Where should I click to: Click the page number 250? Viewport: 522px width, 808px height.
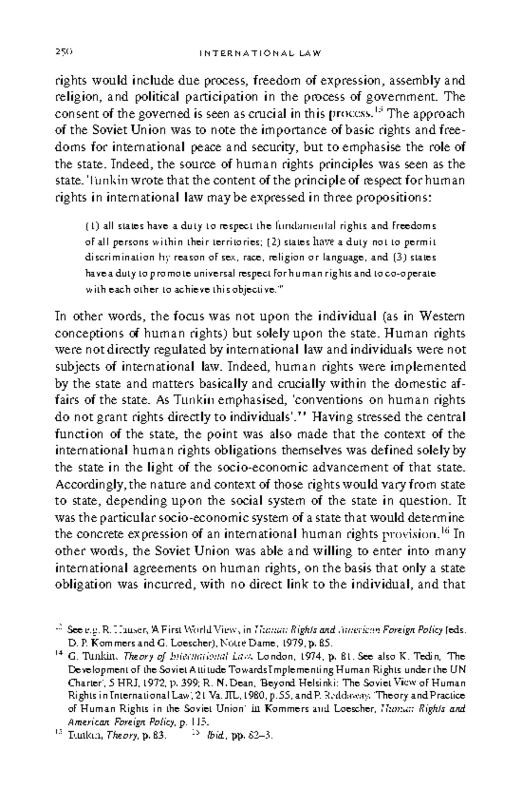click(63, 53)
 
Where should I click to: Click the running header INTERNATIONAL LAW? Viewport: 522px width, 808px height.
click(260, 54)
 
